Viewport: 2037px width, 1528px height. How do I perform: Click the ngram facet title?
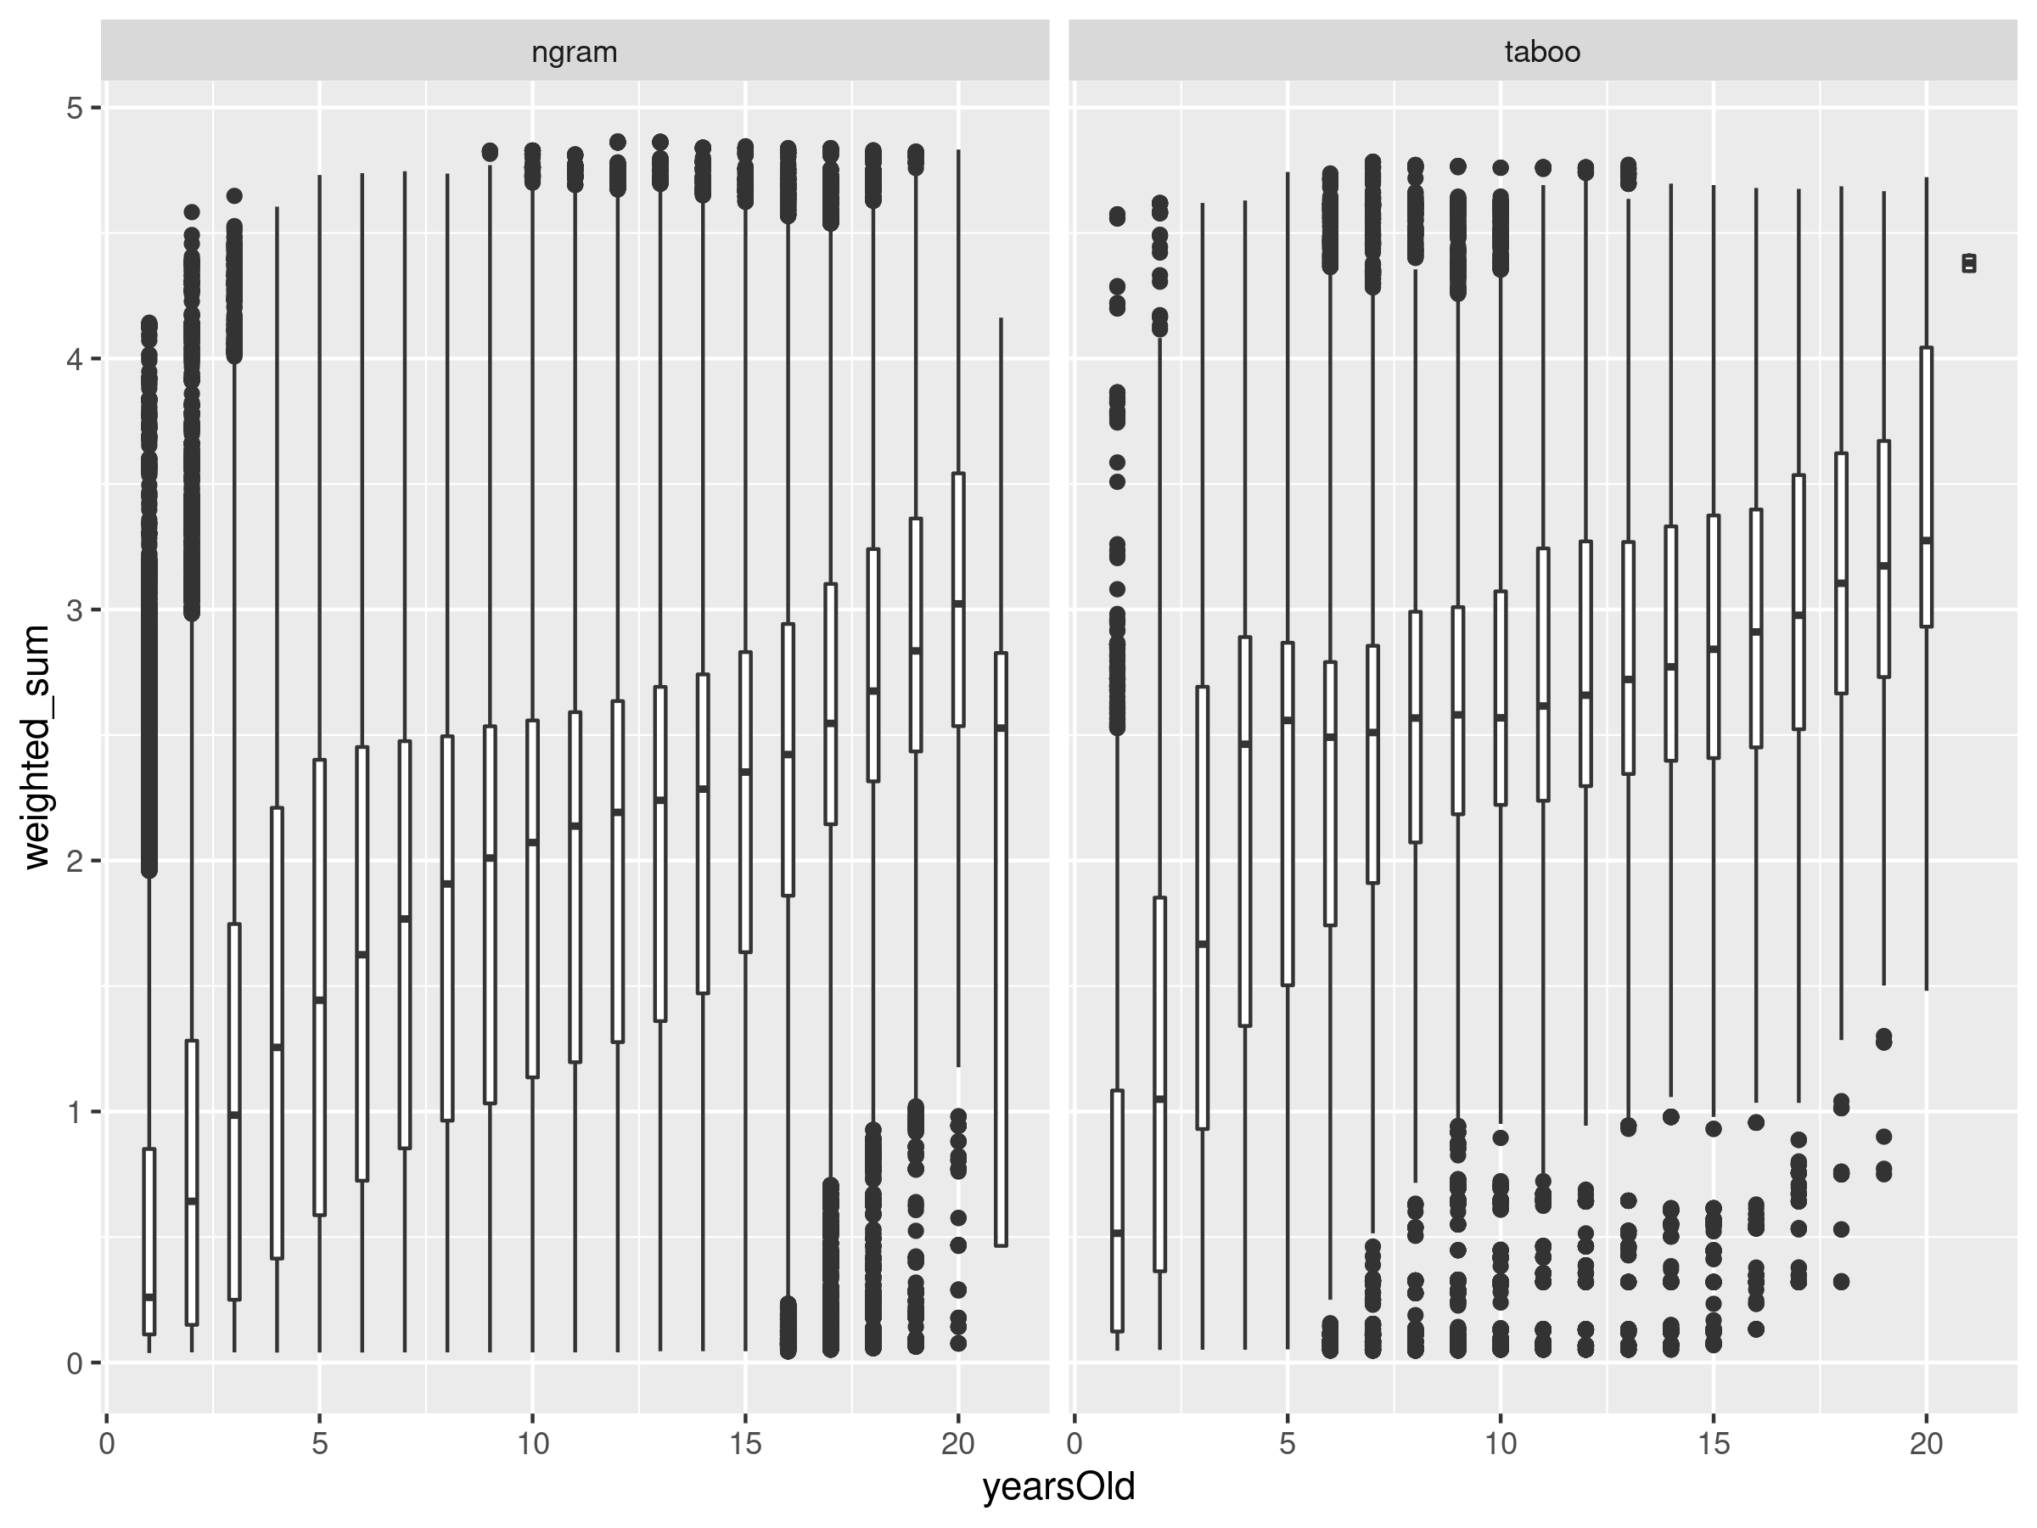pos(574,52)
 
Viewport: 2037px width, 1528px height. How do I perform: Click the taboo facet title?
pos(1541,52)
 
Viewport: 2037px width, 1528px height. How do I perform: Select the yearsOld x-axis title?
pos(1058,1486)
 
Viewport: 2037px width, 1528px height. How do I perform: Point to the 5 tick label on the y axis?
pos(74,108)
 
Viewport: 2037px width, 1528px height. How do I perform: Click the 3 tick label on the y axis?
pos(74,610)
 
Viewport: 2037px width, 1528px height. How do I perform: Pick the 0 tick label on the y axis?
pos(74,1362)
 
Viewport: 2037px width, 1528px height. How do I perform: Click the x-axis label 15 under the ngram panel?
pos(745,1442)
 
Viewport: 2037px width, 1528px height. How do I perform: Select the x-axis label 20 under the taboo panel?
pos(1926,1442)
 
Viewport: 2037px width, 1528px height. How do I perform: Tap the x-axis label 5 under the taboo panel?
pos(1288,1442)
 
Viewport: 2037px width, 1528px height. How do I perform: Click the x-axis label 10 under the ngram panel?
pos(532,1442)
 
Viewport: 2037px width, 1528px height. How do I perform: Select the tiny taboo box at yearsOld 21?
pos(1969,263)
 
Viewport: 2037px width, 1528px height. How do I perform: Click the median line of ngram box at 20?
pos(958,604)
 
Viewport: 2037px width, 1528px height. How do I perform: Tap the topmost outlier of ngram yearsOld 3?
pos(234,196)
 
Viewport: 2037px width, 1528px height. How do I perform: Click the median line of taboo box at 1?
pos(1117,1233)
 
